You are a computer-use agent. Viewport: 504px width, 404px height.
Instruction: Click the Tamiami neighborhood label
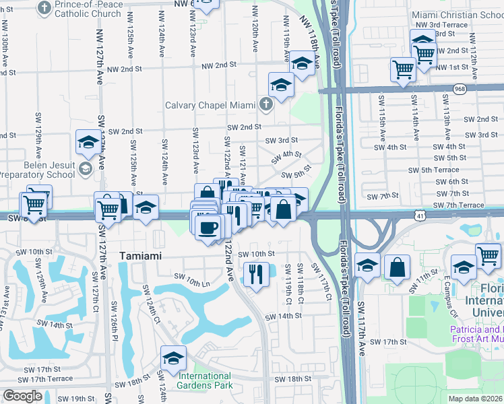pyautogui.click(x=141, y=256)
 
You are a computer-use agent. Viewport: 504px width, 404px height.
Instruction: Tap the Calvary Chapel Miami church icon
pyautogui.click(x=267, y=104)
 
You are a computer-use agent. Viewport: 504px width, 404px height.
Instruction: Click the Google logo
pyautogui.click(x=22, y=397)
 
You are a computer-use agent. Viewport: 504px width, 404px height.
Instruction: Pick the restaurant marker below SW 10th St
pyautogui.click(x=255, y=273)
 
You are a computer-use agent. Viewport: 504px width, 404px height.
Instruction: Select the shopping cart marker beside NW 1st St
pyautogui.click(x=403, y=68)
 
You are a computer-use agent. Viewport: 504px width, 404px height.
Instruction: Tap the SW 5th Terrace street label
pyautogui.click(x=439, y=170)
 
